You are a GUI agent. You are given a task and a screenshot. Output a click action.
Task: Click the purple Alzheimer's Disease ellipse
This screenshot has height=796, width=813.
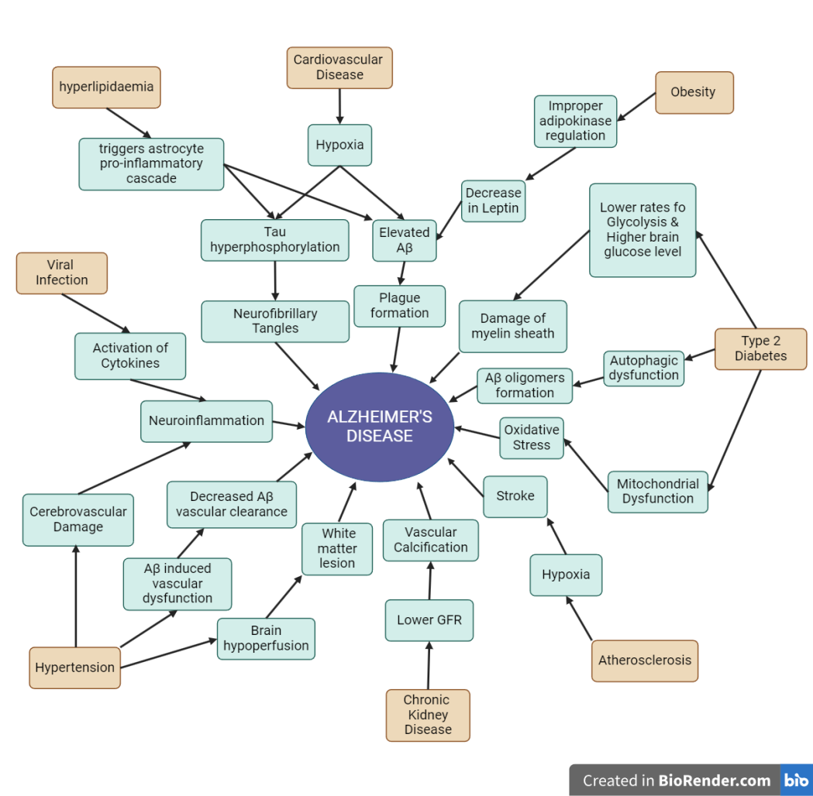(379, 427)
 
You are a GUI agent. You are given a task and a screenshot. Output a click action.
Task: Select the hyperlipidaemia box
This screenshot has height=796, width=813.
(106, 87)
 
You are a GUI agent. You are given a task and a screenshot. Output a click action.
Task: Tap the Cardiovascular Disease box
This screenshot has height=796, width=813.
(339, 67)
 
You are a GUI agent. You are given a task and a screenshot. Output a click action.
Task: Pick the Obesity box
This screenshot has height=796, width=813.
(693, 92)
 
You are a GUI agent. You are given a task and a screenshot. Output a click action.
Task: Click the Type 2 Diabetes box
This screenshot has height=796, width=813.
(760, 348)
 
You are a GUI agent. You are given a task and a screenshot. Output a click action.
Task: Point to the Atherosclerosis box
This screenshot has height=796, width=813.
(644, 660)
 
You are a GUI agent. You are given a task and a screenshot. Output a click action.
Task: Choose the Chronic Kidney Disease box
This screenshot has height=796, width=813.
(428, 715)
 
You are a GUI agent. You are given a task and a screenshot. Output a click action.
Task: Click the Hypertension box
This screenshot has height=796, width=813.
(74, 667)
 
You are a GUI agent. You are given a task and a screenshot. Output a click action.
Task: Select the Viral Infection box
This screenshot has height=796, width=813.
(61, 273)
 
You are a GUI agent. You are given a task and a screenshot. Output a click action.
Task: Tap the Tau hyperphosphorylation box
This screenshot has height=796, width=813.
(274, 239)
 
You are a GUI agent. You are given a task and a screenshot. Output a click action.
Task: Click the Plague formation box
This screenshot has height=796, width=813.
(399, 305)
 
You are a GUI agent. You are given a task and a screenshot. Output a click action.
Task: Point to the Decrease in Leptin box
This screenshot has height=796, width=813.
(493, 201)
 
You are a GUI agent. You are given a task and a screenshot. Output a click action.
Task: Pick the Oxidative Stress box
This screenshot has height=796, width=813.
(531, 437)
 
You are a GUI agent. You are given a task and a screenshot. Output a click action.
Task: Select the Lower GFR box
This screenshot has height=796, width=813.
(429, 619)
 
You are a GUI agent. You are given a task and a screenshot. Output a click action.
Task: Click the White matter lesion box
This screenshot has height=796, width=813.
(337, 548)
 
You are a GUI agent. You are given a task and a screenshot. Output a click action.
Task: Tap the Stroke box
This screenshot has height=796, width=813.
(515, 496)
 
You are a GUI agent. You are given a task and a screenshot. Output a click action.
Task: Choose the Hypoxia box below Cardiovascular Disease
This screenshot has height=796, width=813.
(339, 145)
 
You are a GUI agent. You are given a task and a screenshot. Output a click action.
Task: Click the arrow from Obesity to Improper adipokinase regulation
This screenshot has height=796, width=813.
(636, 108)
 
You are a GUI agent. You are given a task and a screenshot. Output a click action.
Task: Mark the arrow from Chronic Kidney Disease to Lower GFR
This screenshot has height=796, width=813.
(429, 666)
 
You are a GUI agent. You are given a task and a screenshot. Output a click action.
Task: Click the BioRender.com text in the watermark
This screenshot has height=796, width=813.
(715, 780)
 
